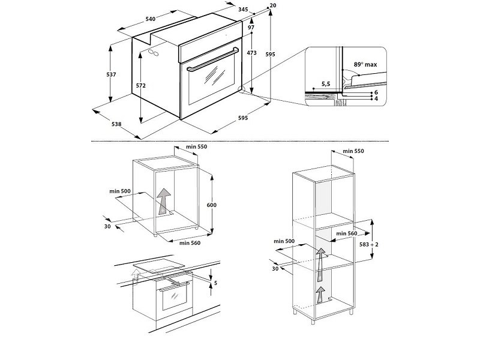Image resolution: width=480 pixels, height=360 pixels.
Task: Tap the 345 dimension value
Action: (226, 10)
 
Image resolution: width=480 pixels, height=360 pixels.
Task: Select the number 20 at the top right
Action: (274, 5)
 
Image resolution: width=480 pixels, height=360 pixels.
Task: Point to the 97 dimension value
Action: (251, 28)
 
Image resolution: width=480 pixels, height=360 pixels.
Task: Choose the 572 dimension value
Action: (141, 86)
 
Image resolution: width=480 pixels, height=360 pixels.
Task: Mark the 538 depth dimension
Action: (116, 124)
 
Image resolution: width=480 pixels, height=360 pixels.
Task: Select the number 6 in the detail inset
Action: (376, 92)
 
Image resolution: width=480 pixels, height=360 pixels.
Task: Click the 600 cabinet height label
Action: (212, 205)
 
